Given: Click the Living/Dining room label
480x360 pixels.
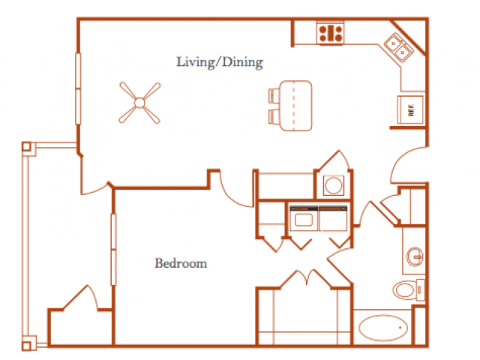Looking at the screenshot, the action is coord(220,62).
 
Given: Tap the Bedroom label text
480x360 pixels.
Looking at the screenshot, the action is coord(181,263).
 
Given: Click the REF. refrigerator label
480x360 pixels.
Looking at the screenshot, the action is coord(411,110).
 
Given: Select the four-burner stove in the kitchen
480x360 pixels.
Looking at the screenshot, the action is coord(330,33).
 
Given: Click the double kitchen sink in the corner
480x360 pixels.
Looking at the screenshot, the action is coord(398,47).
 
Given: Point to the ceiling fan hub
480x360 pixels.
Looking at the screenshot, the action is coord(139,103).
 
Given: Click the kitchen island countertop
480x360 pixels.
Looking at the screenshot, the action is coord(295,106).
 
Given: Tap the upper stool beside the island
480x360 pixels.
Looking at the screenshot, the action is coord(274,95).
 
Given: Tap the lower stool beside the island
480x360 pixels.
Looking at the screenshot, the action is coord(274,117).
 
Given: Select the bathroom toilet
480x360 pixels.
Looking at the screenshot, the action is coord(409,290).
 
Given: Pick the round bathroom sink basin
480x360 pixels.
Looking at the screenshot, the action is coord(415,256).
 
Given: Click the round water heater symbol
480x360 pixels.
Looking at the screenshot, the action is coord(333,185).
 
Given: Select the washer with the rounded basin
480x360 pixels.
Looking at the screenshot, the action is coord(304,218).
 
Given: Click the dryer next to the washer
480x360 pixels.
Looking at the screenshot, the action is coord(333,218).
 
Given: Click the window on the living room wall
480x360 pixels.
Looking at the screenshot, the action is coord(78,88).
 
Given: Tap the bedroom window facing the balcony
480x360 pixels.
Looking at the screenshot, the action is coord(113,250).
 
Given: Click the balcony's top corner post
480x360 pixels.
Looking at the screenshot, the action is coord(27,147).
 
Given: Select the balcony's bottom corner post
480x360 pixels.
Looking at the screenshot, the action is coord(27,346).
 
